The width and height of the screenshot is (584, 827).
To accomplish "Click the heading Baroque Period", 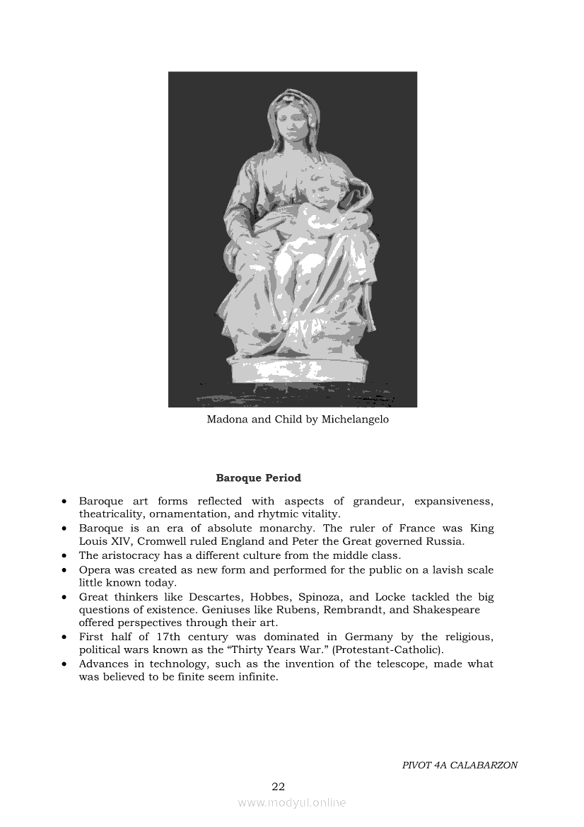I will click(258, 478).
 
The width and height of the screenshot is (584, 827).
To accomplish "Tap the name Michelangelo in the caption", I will click(355, 420).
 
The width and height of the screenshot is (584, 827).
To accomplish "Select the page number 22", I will click(278, 787).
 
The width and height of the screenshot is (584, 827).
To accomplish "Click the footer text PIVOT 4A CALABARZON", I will click(460, 765).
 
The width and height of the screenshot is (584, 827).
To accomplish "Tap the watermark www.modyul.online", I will click(292, 802).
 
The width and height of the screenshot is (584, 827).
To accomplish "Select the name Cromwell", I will click(160, 541).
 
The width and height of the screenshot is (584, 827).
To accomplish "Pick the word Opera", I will click(93, 569).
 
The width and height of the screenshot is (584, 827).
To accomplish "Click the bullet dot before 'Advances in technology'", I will click(64, 664).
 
